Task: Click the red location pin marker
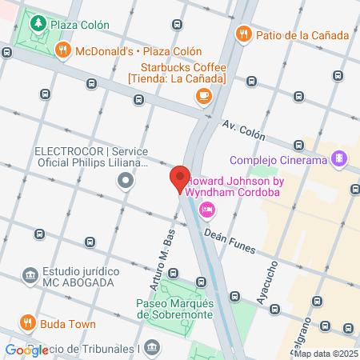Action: [x=179, y=179]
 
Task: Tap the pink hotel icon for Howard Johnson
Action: [x=206, y=210]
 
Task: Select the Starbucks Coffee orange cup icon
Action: [x=204, y=97]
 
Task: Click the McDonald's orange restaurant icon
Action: [x=62, y=50]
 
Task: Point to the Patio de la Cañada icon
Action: [x=243, y=34]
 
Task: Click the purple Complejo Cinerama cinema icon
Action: [x=340, y=159]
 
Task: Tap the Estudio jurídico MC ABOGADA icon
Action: [x=30, y=276]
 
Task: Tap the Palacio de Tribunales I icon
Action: [x=153, y=346]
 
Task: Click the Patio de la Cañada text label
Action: [x=302, y=34]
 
